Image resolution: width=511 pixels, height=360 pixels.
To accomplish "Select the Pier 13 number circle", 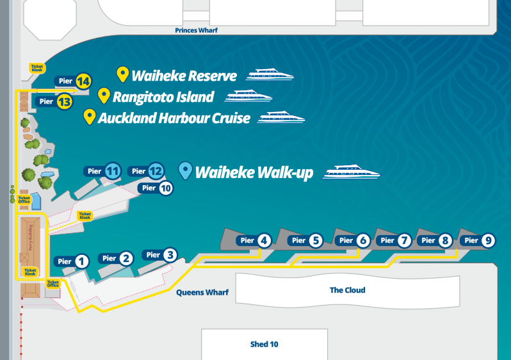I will [x=64, y=101].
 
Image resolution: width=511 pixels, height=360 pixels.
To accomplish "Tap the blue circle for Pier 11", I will [x=113, y=171].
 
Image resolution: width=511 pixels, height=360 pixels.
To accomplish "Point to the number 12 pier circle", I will [x=156, y=171].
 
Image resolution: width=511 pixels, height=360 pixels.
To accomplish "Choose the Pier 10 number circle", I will [x=166, y=188].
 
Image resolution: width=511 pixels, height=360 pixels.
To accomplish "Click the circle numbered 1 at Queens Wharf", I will [x=81, y=261].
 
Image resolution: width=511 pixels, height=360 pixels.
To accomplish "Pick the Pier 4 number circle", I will [x=264, y=241].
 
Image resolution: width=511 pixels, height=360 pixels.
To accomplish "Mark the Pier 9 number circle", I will [x=489, y=241].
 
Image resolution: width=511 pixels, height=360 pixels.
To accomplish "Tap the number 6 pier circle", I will [x=363, y=241].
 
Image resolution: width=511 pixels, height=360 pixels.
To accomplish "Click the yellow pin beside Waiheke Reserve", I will [x=122, y=75].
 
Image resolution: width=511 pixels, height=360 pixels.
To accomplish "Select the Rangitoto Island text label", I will [x=163, y=97].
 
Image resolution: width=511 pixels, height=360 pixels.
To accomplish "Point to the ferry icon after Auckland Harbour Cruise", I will [x=281, y=118].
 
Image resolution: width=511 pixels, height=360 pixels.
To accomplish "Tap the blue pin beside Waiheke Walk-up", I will [x=185, y=170].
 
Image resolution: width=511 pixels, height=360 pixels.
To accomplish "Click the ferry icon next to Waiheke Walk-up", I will [x=352, y=172].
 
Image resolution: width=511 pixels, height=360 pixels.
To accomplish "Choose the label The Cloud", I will [x=347, y=290].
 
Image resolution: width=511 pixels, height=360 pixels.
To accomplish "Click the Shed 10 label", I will [x=264, y=345].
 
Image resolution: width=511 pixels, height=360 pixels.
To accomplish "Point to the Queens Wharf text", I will [x=202, y=293].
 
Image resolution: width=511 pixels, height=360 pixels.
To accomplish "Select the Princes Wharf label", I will [x=197, y=30].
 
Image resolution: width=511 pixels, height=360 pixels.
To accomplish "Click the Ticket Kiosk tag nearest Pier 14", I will [x=37, y=67].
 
